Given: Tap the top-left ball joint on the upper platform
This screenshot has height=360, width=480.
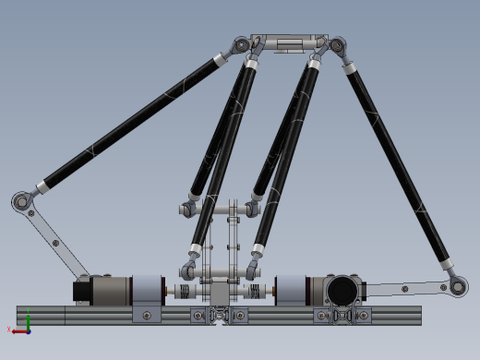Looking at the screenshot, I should pos(242,43).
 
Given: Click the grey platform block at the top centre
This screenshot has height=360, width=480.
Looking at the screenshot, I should pos(288,44).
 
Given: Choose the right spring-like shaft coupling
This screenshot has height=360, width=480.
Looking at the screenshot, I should pos(250,293).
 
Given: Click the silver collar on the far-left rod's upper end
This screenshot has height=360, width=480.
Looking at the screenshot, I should pos(219,61).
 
